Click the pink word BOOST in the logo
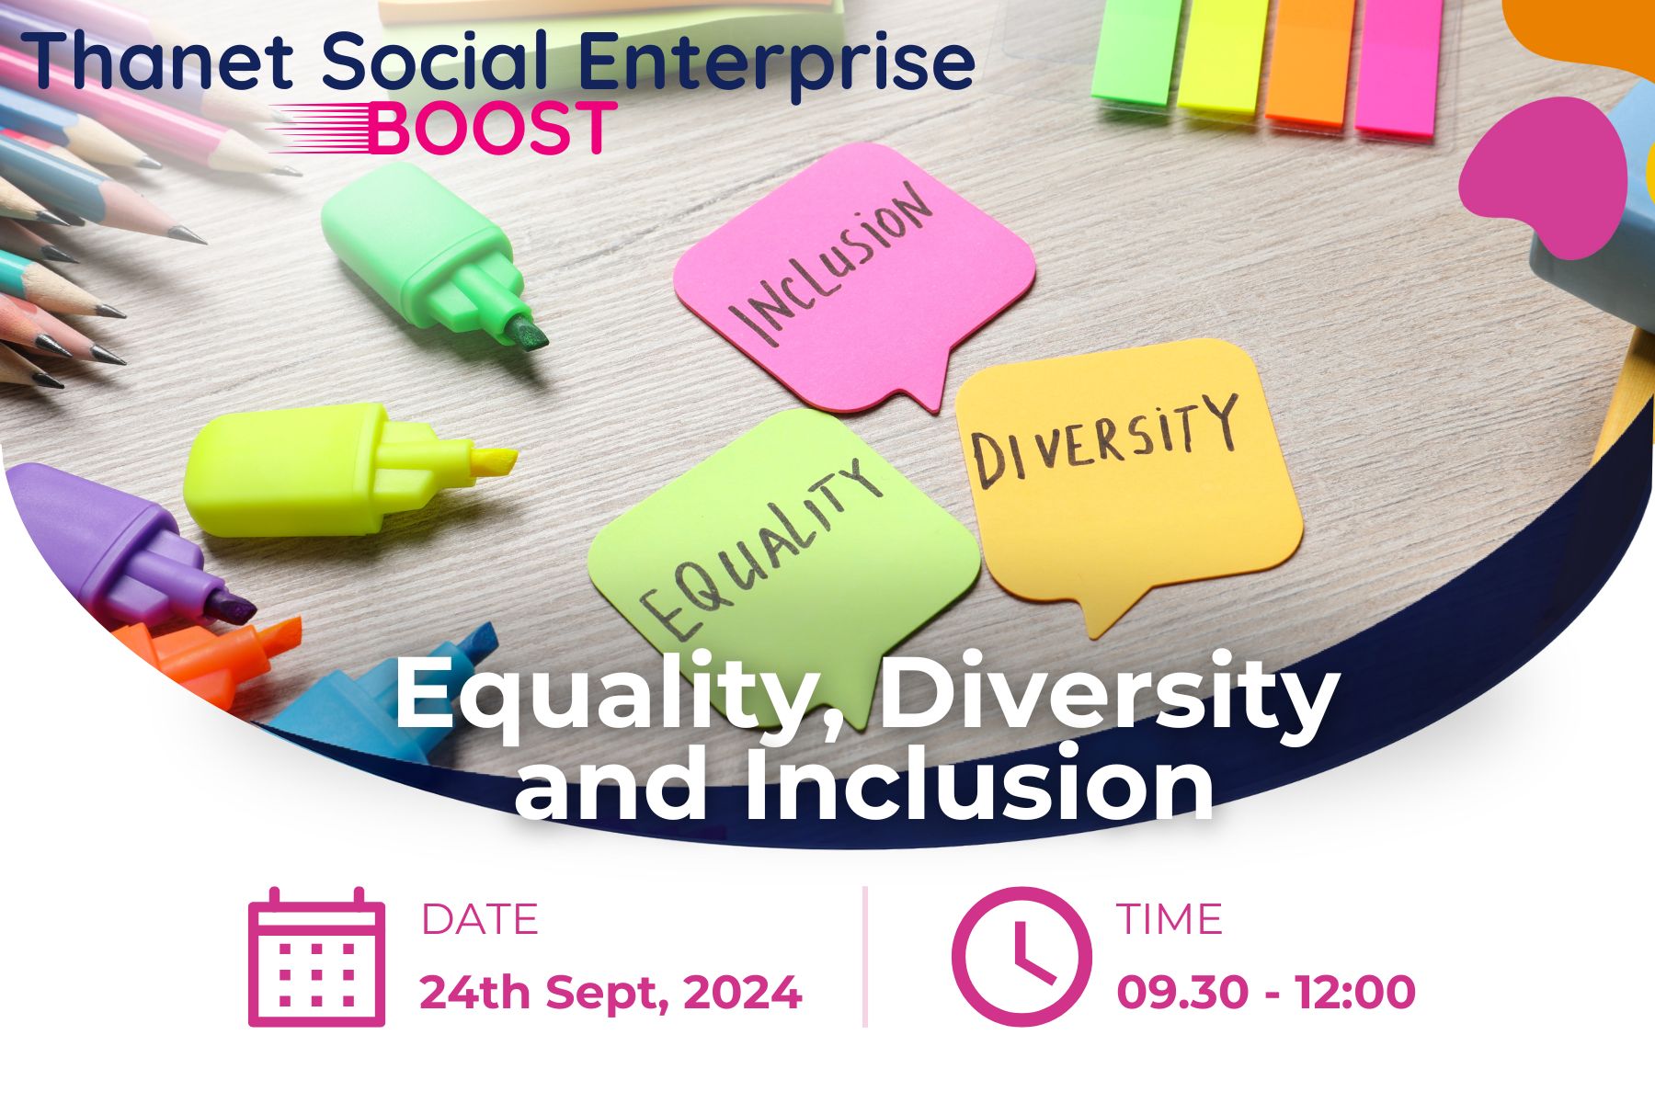[493, 128]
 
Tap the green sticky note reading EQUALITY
[782, 551]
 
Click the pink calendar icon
[316, 958]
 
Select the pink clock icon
[1022, 956]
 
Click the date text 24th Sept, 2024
[611, 994]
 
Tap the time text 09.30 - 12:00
[1266, 994]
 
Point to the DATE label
[479, 920]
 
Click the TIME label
[1170, 920]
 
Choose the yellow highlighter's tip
[492, 460]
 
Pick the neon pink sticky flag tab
[1398, 64]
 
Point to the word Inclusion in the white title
[979, 787]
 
